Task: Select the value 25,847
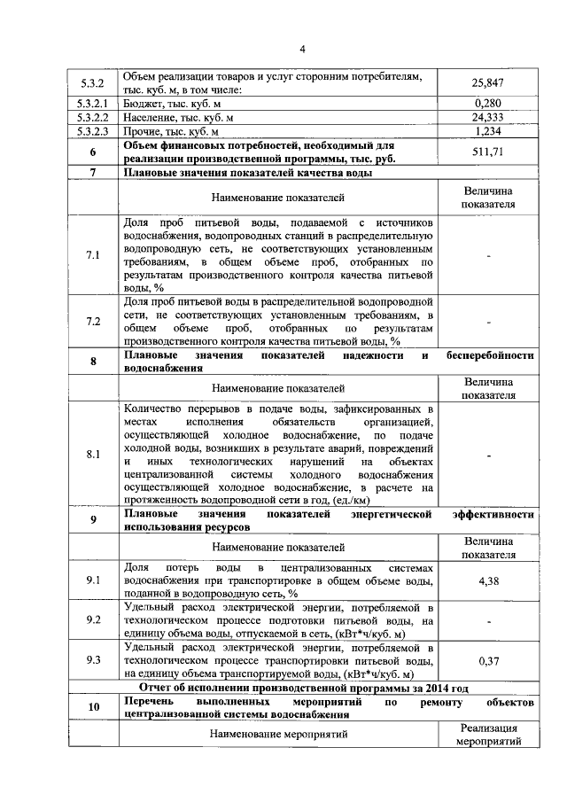pyautogui.click(x=488, y=83)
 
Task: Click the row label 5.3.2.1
pyautogui.click(x=93, y=104)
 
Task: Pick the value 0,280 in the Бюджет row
pyautogui.click(x=488, y=104)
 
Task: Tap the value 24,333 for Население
pyautogui.click(x=488, y=117)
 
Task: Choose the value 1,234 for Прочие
pyautogui.click(x=488, y=130)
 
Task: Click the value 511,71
pyautogui.click(x=488, y=151)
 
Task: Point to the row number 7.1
pyautogui.click(x=93, y=255)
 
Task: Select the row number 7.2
pyautogui.click(x=93, y=321)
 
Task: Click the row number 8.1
pyautogui.click(x=93, y=455)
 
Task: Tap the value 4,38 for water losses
pyautogui.click(x=488, y=580)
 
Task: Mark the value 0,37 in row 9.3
pyautogui.click(x=488, y=660)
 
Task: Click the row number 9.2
pyautogui.click(x=93, y=620)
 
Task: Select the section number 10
pyautogui.click(x=93, y=707)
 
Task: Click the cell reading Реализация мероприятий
pyautogui.click(x=488, y=734)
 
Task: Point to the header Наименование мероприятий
pyautogui.click(x=278, y=734)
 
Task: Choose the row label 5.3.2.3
pyautogui.click(x=93, y=130)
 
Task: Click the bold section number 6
pyautogui.click(x=93, y=151)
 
